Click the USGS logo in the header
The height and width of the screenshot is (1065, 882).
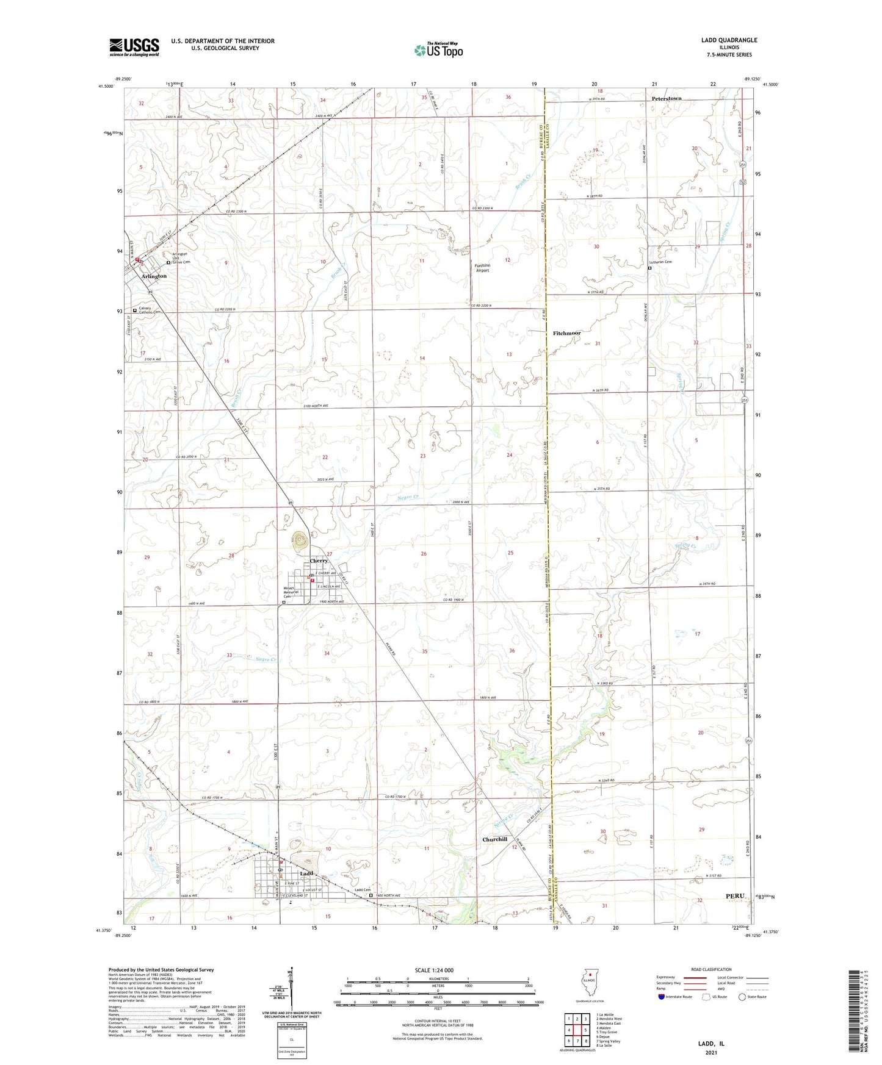pyautogui.click(x=134, y=46)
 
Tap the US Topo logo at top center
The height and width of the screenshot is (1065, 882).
pyautogui.click(x=438, y=50)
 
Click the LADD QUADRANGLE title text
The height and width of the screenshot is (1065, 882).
pyautogui.click(x=729, y=40)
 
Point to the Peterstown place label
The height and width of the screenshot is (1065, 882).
pyautogui.click(x=666, y=98)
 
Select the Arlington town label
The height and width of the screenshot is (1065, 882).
pyautogui.click(x=154, y=276)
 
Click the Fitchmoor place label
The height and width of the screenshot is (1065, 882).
pyautogui.click(x=566, y=333)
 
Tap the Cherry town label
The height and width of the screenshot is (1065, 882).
pyautogui.click(x=319, y=561)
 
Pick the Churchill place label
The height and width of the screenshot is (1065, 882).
pyautogui.click(x=494, y=839)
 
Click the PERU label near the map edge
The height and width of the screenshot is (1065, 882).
pyautogui.click(x=735, y=895)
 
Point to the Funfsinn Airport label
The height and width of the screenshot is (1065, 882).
pyautogui.click(x=482, y=268)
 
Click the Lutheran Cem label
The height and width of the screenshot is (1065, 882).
pyautogui.click(x=660, y=262)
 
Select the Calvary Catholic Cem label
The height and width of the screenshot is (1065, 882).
pyautogui.click(x=150, y=310)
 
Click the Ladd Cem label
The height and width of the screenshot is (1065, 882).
pyautogui.click(x=363, y=890)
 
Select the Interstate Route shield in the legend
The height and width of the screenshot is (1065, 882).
pyautogui.click(x=662, y=997)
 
